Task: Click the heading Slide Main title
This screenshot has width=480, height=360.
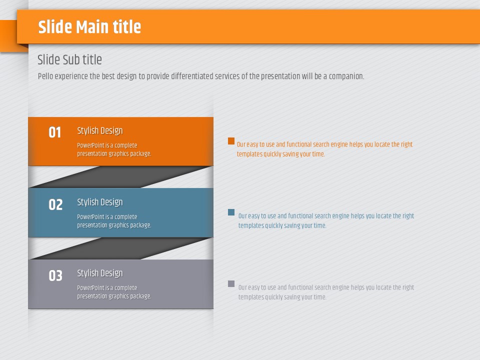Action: click(x=89, y=27)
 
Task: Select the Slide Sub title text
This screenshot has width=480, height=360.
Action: click(x=69, y=59)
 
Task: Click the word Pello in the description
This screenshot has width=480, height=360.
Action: click(x=45, y=76)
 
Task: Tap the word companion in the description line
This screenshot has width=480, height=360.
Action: click(x=346, y=76)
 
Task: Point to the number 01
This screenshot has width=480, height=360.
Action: click(x=55, y=132)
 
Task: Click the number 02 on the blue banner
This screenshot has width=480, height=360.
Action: click(x=55, y=204)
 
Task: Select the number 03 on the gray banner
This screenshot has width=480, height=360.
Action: click(x=55, y=275)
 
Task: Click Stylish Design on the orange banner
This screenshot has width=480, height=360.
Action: click(x=100, y=130)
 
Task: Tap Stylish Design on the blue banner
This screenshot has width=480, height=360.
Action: click(x=100, y=202)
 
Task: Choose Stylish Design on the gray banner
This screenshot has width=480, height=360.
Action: click(x=100, y=273)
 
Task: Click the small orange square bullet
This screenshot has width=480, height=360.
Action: click(x=231, y=141)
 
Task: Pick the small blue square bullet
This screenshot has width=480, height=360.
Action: click(x=231, y=212)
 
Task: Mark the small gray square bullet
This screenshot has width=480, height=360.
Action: click(x=231, y=283)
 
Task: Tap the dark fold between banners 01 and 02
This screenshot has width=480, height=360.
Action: click(x=120, y=177)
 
